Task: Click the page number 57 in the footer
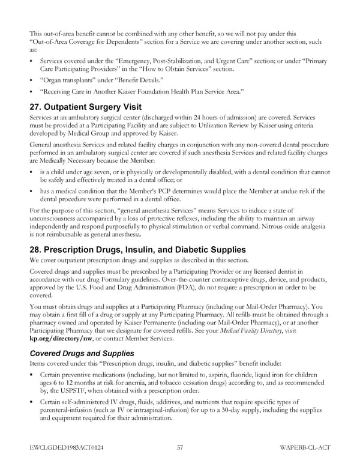[x=180, y=447]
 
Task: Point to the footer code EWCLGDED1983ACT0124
[x=67, y=447]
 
